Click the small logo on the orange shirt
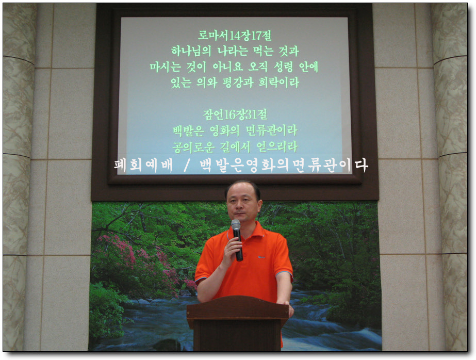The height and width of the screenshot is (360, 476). tap(261, 257)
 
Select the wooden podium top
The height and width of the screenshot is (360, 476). tap(237, 307)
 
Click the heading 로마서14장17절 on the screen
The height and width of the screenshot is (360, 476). tap(235, 36)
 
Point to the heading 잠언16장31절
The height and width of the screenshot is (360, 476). tap(235, 114)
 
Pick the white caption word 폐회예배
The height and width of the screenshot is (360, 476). tap(144, 166)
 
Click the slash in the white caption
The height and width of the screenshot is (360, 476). tap(187, 166)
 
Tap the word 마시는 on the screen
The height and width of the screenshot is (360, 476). tap(165, 67)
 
